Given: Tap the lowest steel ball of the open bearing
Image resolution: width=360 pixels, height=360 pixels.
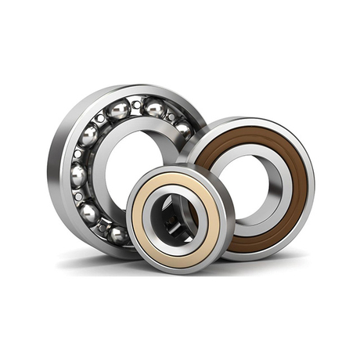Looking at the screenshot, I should point(117,233).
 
